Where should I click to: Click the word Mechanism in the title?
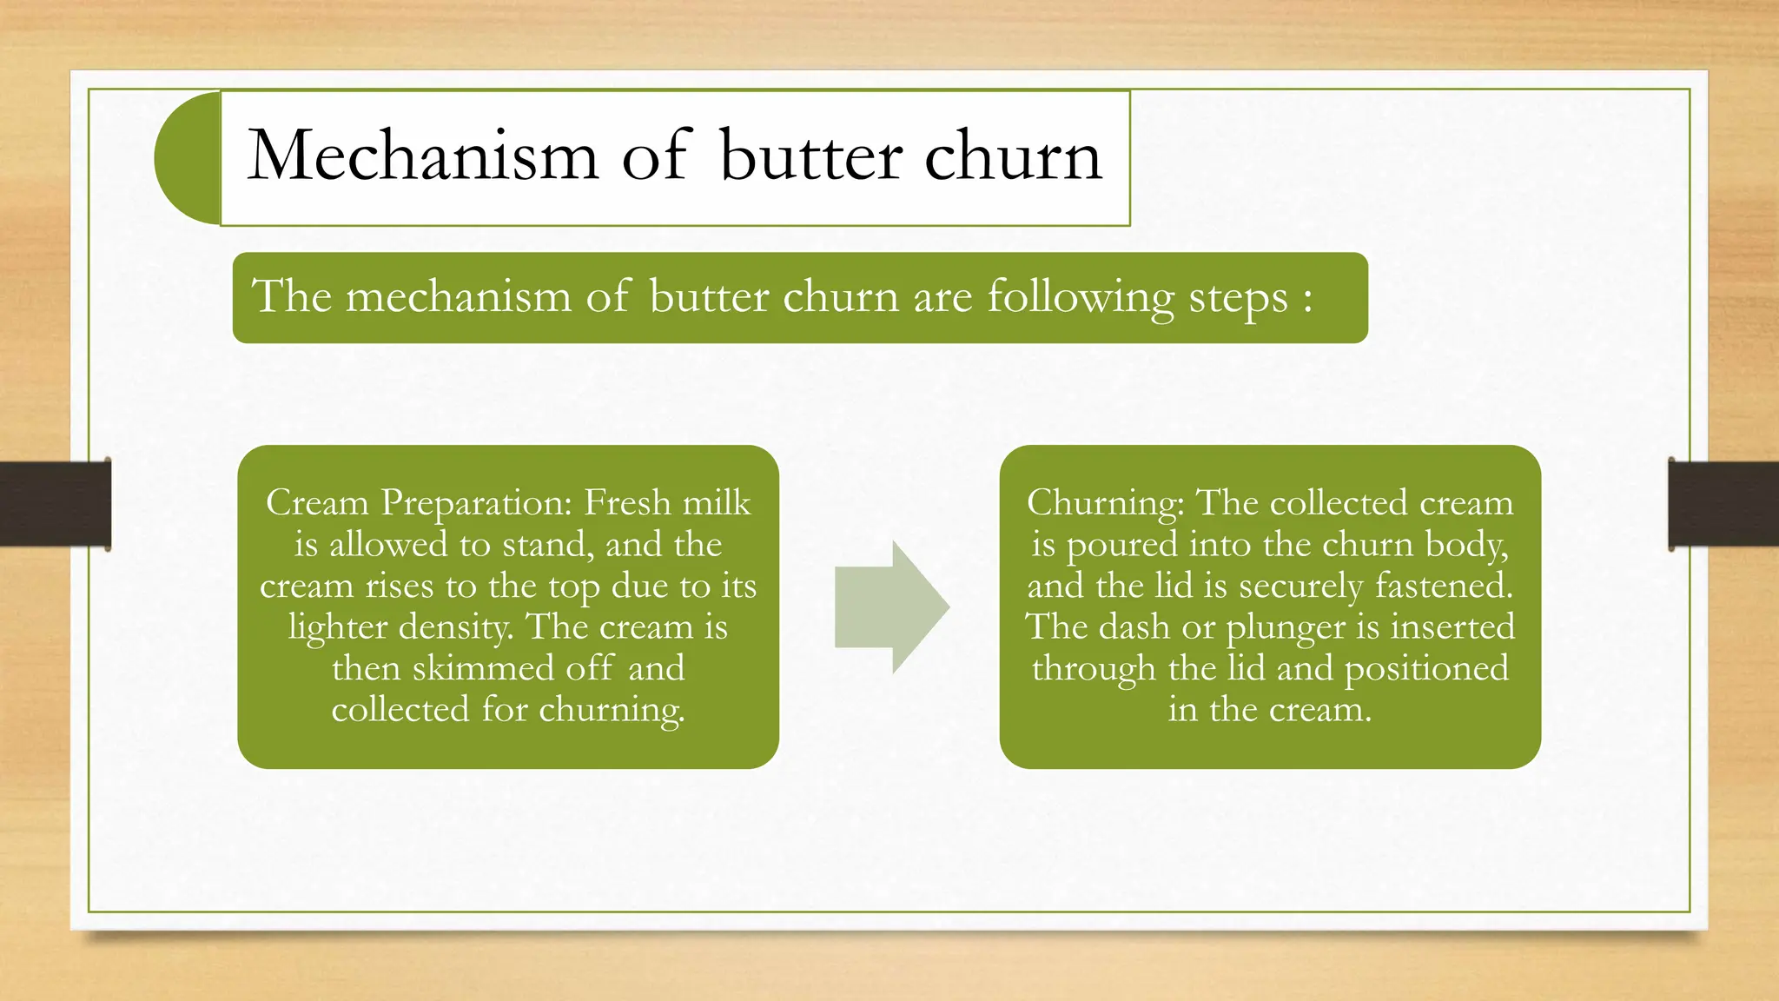[423, 156]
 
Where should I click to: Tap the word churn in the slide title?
[1013, 156]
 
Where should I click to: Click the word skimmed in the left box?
[482, 668]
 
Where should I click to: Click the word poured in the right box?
[1121, 545]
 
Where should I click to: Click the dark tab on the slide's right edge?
[1723, 504]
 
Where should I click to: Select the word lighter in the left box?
[338, 627]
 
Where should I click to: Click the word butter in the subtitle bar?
[709, 297]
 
